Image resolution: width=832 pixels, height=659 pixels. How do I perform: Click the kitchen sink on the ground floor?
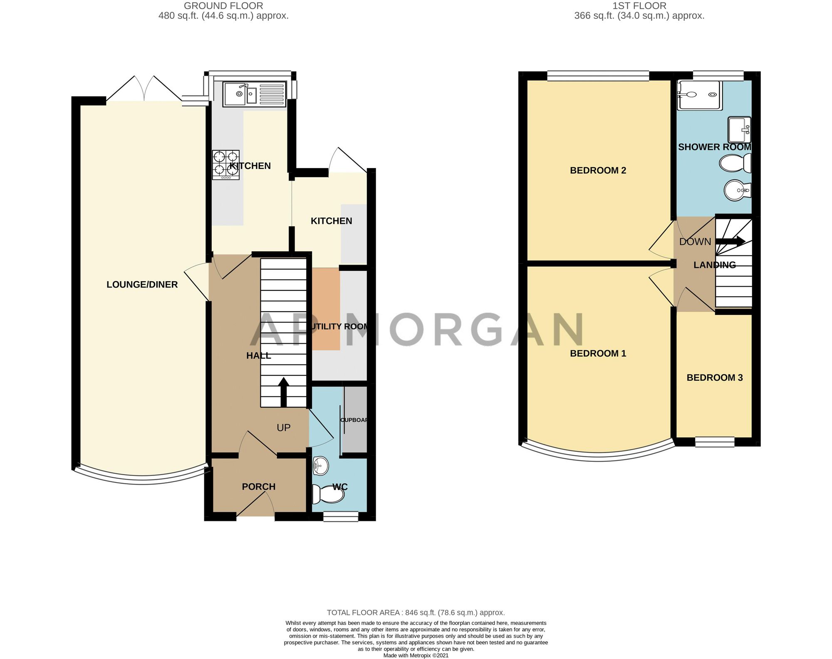(x=255, y=94)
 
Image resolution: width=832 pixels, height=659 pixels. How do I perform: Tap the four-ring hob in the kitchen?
(x=226, y=165)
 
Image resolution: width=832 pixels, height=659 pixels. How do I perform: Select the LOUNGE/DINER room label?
(x=142, y=285)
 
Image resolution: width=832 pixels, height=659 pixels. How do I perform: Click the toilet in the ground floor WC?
(x=329, y=494)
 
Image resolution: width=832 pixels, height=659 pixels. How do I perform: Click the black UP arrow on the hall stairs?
(x=284, y=392)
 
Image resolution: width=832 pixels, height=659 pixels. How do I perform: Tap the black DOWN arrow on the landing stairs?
(x=730, y=241)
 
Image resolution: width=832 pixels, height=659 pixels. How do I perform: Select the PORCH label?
(x=259, y=487)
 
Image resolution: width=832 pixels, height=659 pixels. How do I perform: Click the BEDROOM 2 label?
(x=598, y=171)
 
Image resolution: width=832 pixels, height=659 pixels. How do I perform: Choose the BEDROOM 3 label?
(x=715, y=378)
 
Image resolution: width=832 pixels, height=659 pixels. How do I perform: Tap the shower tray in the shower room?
(x=700, y=95)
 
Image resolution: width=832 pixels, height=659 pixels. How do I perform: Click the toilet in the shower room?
(x=735, y=163)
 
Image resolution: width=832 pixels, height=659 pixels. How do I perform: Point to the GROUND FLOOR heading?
(x=223, y=6)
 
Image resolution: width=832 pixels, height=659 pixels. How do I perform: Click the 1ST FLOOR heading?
(x=639, y=6)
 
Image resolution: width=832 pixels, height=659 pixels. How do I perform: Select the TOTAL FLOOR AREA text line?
(x=416, y=612)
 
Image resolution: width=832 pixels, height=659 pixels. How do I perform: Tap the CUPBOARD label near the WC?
(x=354, y=420)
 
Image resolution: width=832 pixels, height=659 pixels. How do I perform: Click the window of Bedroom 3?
(x=715, y=442)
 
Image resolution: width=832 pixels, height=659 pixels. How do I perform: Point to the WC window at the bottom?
(x=341, y=517)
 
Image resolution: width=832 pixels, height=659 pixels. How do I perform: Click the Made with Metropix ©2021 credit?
(x=416, y=655)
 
